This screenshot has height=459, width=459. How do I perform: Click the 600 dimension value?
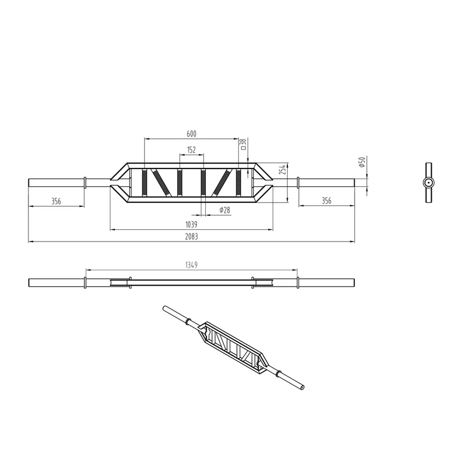click(191, 134)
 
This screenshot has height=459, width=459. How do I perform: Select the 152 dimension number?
click(191, 150)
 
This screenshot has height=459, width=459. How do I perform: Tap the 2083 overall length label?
click(191, 236)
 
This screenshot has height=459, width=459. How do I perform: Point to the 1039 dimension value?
click(191, 225)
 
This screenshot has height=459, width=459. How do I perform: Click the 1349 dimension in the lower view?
click(191, 265)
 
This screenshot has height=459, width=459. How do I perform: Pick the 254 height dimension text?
click(282, 170)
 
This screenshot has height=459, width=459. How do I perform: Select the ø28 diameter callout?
click(225, 210)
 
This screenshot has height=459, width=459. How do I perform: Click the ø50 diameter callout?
click(363, 162)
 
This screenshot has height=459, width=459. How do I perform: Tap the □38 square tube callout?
click(243, 144)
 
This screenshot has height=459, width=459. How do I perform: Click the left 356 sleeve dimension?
click(56, 201)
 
